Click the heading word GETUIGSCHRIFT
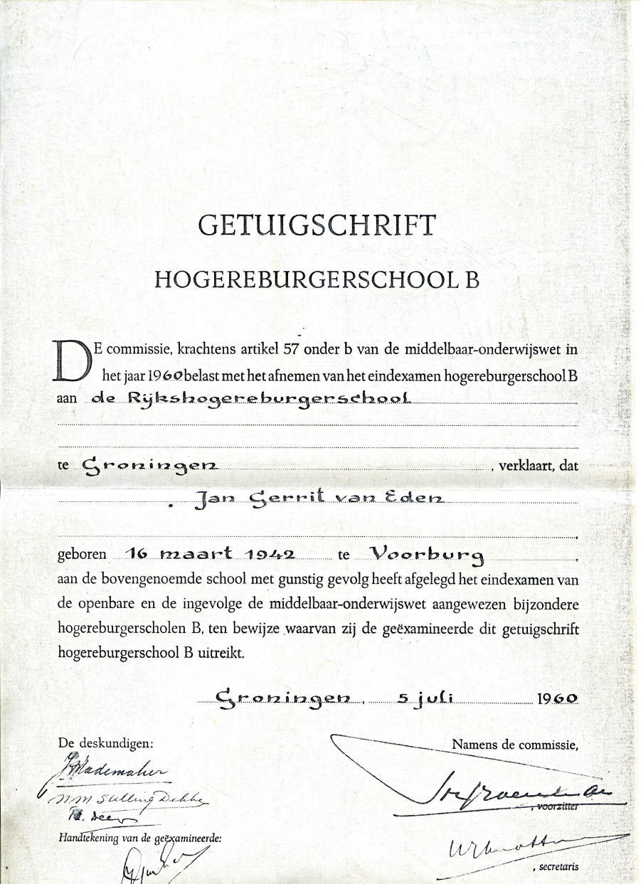tap(317, 225)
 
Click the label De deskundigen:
tap(105, 743)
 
